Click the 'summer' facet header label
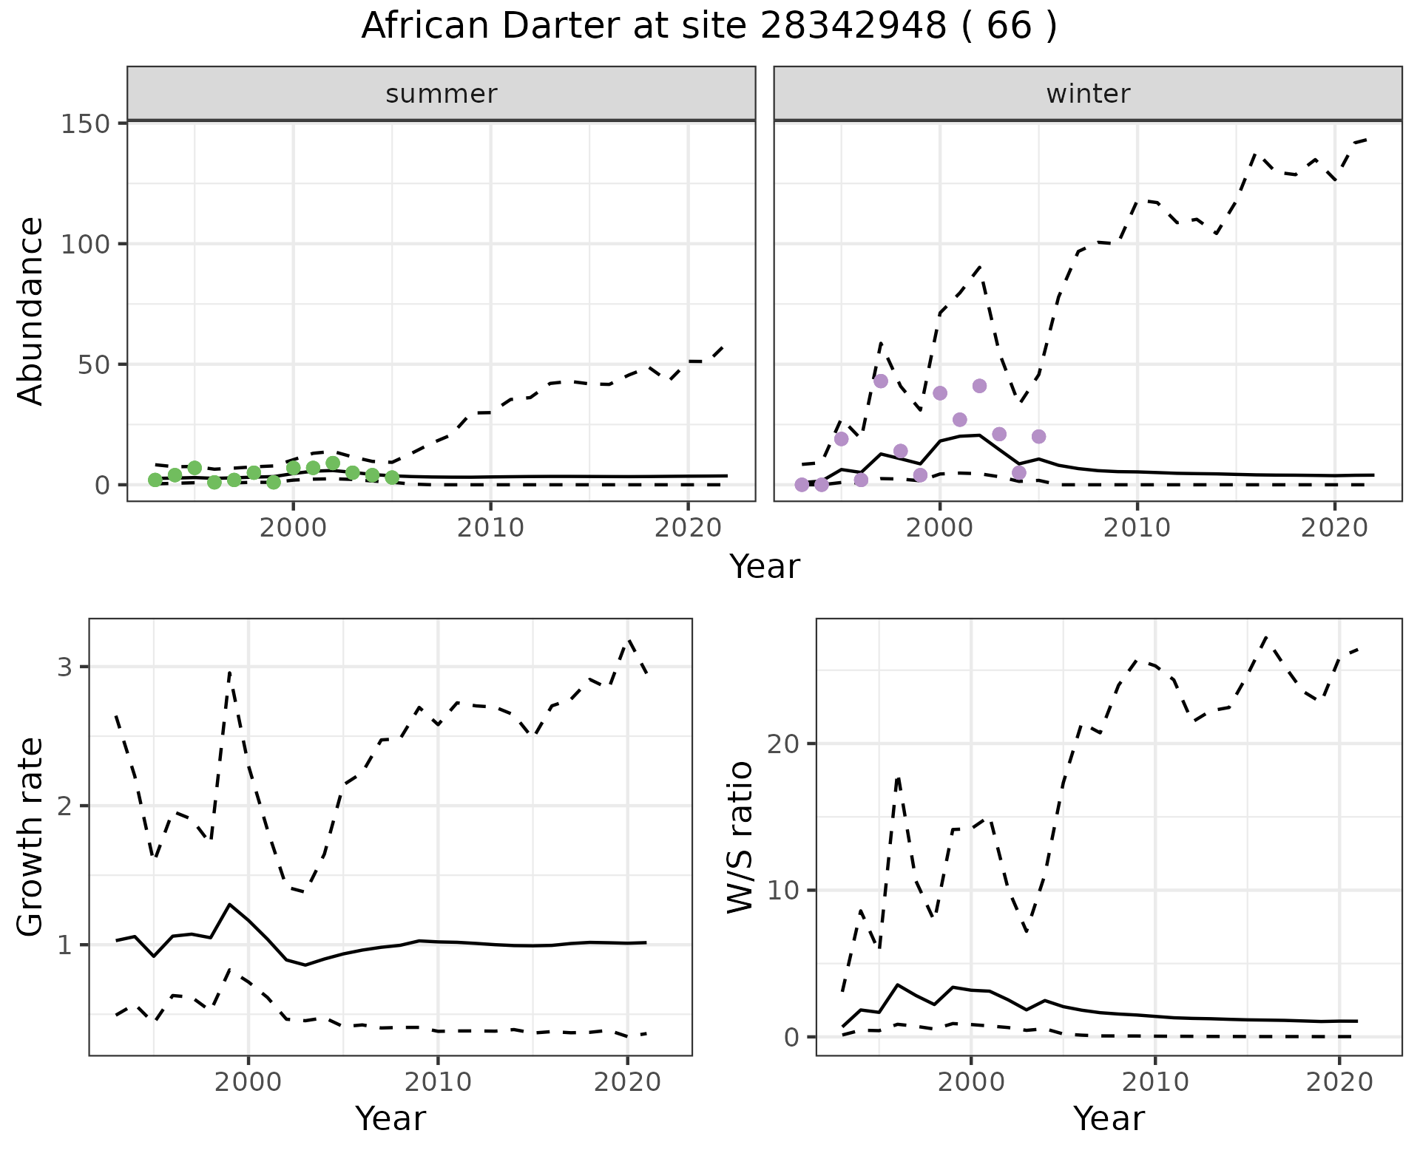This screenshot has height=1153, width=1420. click(x=442, y=94)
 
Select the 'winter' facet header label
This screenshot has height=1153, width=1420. click(x=1088, y=94)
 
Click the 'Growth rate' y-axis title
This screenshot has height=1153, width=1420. click(x=31, y=837)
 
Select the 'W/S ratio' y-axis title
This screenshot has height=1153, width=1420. click(x=740, y=837)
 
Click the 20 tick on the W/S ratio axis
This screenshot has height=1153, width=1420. click(x=785, y=744)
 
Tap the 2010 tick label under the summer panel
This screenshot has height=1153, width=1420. click(x=490, y=528)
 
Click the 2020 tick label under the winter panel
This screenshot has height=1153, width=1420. click(x=1335, y=528)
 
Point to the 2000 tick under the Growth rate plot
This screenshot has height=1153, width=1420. click(x=248, y=1083)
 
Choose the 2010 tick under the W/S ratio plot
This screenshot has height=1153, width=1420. click(x=1154, y=1083)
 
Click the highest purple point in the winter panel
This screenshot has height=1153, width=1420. click(x=880, y=381)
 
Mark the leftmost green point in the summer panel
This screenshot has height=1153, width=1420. click(x=155, y=480)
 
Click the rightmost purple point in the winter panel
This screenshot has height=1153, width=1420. click(x=1038, y=436)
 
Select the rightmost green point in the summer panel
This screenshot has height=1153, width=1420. click(x=392, y=477)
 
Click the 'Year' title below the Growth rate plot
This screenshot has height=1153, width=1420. click(x=390, y=1119)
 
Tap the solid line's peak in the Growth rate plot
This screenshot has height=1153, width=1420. click(x=230, y=904)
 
